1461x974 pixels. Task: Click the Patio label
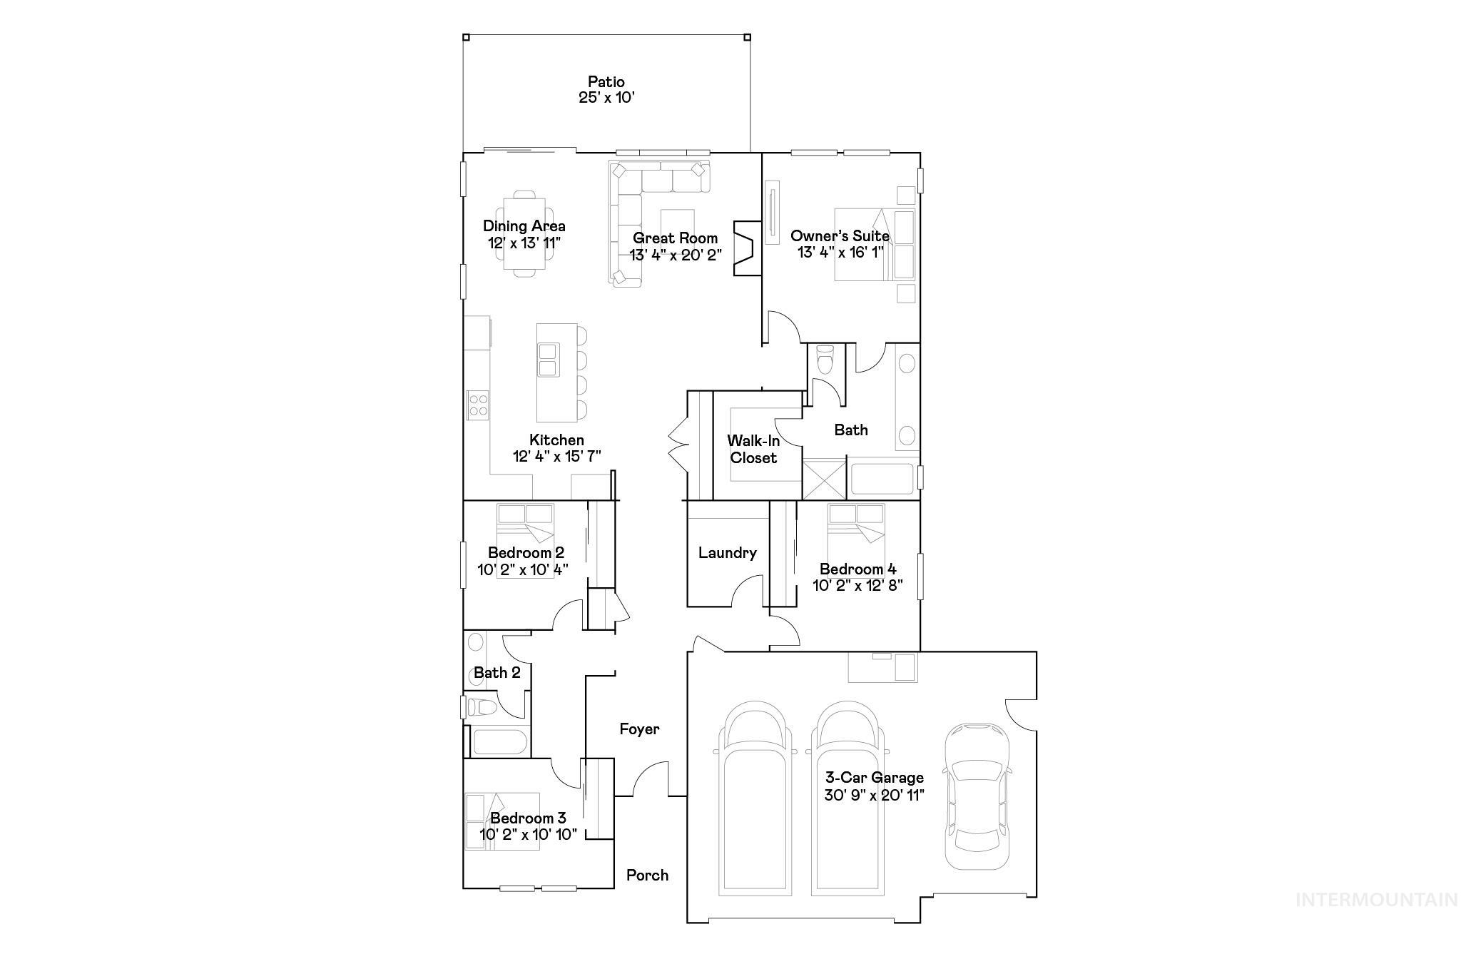coord(606,81)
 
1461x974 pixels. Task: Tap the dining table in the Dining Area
coord(525,234)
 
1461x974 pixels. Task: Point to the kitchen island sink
coord(549,360)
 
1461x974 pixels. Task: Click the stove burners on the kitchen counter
coord(478,405)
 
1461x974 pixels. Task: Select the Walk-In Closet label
coord(753,450)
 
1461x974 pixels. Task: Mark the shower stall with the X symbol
coord(824,479)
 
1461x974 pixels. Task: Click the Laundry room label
coord(727,552)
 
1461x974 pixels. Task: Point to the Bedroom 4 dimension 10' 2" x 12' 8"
coord(858,586)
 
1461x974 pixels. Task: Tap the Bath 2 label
coord(497,672)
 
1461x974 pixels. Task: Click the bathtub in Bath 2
coord(500,742)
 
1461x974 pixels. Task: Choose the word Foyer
coord(639,729)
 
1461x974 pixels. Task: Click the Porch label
coord(647,875)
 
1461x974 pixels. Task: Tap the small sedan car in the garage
coord(977,796)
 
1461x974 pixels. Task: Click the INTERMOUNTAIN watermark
coord(1376,900)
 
